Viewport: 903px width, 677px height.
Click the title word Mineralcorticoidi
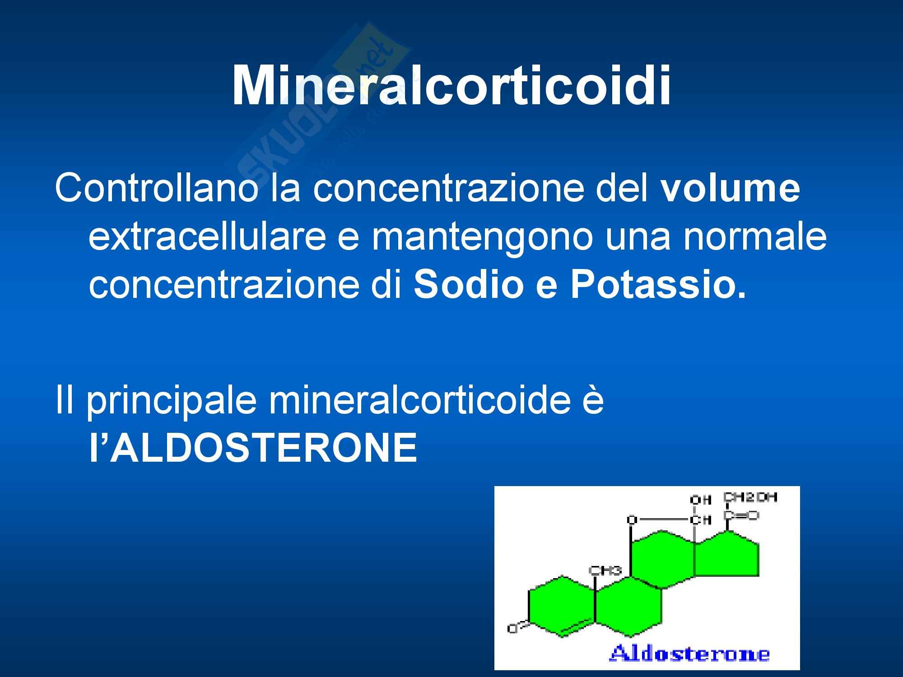(451, 86)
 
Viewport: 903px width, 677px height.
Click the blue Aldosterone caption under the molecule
(689, 654)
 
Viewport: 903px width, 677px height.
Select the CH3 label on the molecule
(605, 570)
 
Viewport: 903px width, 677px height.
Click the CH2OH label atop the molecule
(750, 497)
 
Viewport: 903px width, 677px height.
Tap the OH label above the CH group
(701, 500)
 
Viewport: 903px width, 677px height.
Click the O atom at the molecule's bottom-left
(512, 628)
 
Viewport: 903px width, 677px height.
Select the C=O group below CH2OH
(741, 515)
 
